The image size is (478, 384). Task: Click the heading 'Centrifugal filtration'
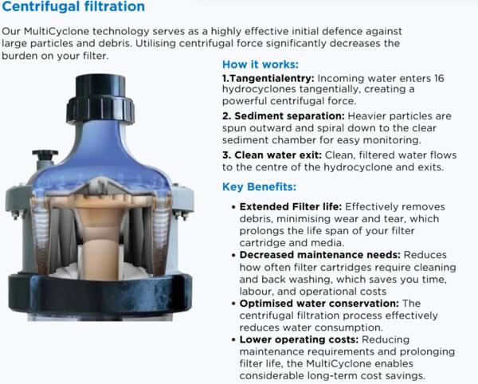pos(73,6)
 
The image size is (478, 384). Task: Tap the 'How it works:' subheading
pos(261,65)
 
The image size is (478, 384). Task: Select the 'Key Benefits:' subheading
pos(259,186)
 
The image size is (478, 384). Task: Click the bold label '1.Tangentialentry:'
pos(268,78)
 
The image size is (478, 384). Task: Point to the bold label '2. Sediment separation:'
pos(284,116)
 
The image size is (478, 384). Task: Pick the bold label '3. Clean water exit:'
pos(272,155)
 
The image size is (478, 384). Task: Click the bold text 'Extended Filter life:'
pos(291,206)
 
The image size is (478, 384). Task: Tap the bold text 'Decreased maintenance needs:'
pos(319,255)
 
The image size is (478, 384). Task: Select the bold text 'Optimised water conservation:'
pos(319,304)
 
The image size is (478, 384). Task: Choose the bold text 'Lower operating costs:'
pos(299,339)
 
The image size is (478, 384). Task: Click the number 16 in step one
pos(439,78)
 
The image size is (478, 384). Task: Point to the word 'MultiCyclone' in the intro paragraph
pos(57,31)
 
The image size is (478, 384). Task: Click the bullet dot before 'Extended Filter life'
pos(233,207)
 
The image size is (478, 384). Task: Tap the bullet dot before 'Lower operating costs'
pos(233,340)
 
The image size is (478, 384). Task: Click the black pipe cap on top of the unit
pos(100,99)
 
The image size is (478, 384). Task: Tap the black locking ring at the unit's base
pos(100,294)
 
